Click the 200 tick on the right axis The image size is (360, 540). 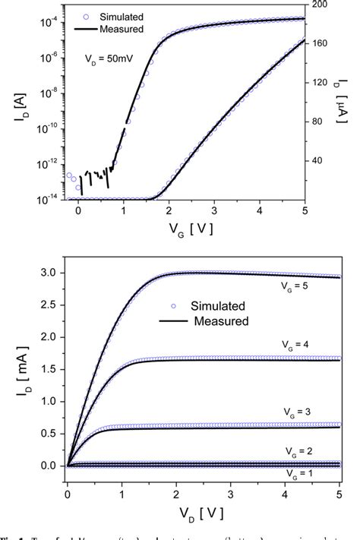coord(319,5)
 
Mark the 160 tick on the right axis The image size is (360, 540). coord(319,43)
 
